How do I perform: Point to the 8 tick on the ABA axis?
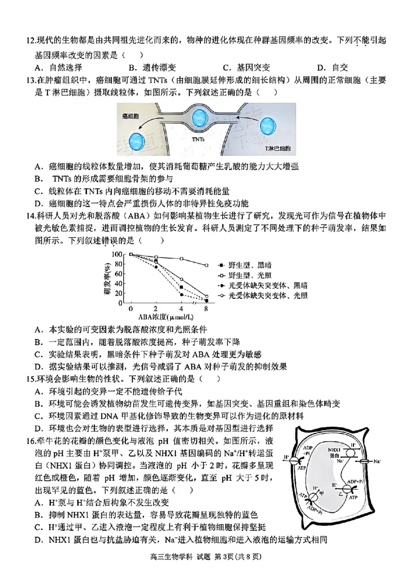(x=206, y=309)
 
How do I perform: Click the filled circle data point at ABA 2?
(x=156, y=267)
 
